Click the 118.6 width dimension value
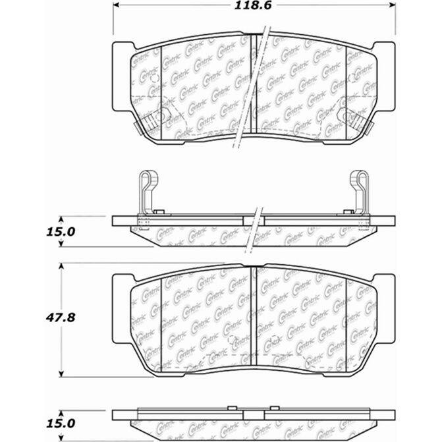pyautogui.click(x=255, y=9)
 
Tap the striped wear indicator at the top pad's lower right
pyautogui.click(x=356, y=119)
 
